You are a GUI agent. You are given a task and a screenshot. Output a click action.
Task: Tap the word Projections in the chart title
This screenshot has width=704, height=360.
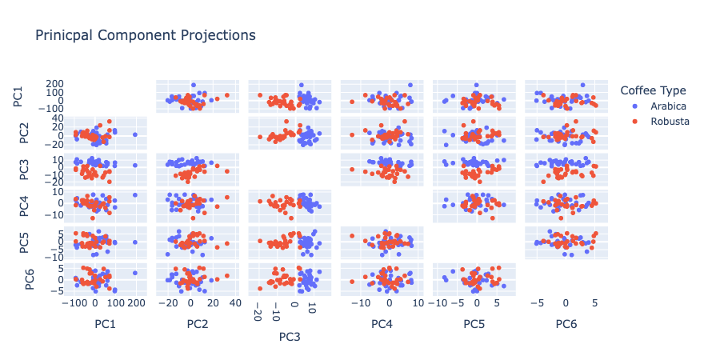[x=216, y=35]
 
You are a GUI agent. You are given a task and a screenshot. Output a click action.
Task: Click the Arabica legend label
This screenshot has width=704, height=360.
[x=668, y=106]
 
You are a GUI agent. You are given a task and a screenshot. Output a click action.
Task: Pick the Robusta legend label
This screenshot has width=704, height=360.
[x=670, y=121]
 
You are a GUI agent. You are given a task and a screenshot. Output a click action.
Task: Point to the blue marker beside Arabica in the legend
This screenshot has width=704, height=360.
[x=635, y=106]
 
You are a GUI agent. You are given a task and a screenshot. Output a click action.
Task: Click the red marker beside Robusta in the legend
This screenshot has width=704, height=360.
[x=635, y=121]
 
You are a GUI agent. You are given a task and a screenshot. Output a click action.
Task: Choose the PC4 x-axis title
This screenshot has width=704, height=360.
[x=383, y=324]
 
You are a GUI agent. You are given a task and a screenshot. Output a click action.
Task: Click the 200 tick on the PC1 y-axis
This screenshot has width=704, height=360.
[x=55, y=84]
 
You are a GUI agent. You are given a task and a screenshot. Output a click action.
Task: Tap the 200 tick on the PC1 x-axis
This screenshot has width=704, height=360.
[x=135, y=304]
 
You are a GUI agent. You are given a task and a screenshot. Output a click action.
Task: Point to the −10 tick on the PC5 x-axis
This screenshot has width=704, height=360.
[x=439, y=304]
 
